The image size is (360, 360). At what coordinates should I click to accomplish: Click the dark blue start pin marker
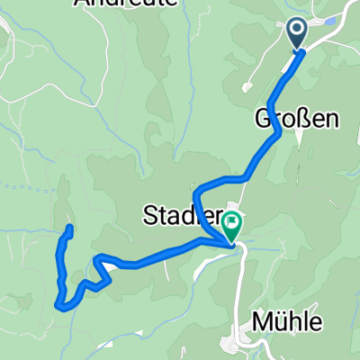pos(298,34)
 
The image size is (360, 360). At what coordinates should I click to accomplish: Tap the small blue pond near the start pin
pos(329,20)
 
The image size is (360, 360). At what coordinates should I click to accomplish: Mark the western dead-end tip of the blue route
pos(69,229)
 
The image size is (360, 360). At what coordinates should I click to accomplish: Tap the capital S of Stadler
pos(149,214)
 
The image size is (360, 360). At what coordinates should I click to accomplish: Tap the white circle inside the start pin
pos(298,31)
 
